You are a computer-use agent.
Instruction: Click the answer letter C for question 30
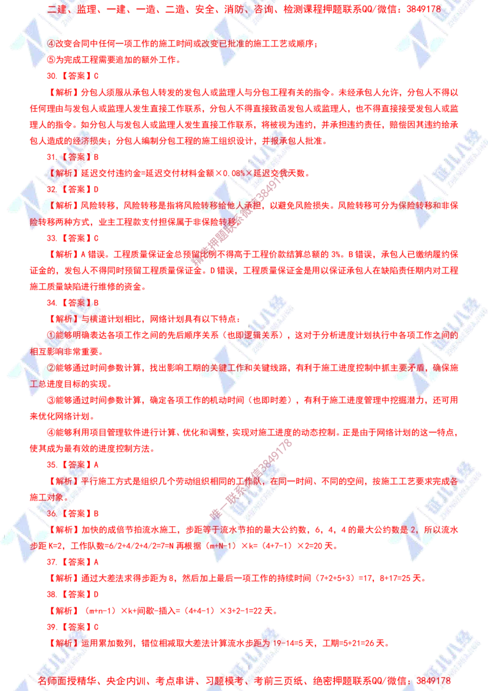[x=96, y=76]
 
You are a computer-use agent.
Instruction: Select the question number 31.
[x=52, y=157]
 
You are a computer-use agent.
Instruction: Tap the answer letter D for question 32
[x=96, y=189]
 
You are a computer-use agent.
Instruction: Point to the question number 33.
[x=52, y=239]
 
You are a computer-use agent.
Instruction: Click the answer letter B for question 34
[x=96, y=303]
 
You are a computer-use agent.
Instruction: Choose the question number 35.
[x=52, y=465]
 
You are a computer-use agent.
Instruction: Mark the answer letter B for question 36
[x=96, y=514]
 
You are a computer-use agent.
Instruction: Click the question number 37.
[x=52, y=562]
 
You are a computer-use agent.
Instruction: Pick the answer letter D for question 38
[x=96, y=595]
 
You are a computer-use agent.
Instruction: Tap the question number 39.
[x=52, y=627]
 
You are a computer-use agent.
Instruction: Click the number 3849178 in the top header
[x=423, y=9]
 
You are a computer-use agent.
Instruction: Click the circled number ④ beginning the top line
[x=51, y=43]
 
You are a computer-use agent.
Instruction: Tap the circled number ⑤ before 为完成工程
[x=51, y=60]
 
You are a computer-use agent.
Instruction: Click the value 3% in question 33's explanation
[x=336, y=255]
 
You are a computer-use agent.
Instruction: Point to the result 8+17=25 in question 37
[x=393, y=579]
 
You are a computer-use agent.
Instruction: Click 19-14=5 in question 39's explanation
[x=289, y=643]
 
